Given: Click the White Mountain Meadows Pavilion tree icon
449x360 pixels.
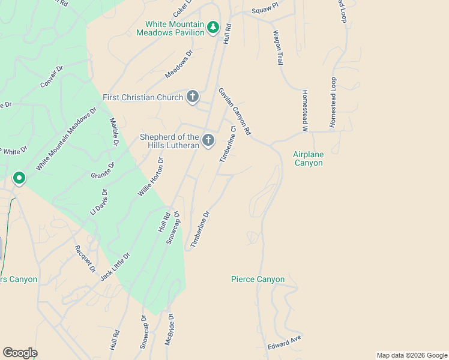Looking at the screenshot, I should pyautogui.click(x=212, y=28).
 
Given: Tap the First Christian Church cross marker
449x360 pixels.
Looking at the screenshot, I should pyautogui.click(x=193, y=97).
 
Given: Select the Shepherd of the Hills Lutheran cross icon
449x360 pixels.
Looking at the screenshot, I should pyautogui.click(x=208, y=140).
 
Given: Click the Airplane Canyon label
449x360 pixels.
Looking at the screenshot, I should pyautogui.click(x=309, y=158).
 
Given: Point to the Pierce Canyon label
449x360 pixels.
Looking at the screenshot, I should pyautogui.click(x=258, y=280).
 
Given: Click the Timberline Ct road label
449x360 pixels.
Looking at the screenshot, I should pyautogui.click(x=227, y=144).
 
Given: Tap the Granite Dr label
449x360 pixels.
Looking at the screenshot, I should pyautogui.click(x=102, y=170).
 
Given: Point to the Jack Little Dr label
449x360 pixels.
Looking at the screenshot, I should pyautogui.click(x=115, y=266).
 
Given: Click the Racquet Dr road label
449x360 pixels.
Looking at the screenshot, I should pyautogui.click(x=85, y=259).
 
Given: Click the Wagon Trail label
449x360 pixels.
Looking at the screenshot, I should pyautogui.click(x=278, y=48).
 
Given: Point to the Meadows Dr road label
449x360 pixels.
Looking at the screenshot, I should pyautogui.click(x=179, y=64).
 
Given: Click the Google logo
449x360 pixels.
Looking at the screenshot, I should pyautogui.click(x=20, y=353).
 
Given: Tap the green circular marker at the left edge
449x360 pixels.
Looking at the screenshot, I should pyautogui.click(x=19, y=178).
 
